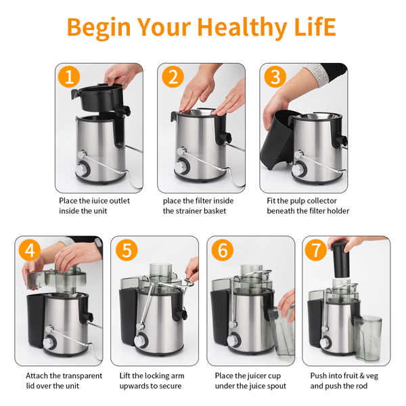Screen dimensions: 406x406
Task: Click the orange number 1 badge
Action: (x=69, y=76)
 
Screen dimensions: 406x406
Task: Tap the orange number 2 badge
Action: (x=173, y=76)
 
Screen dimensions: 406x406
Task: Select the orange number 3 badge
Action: (x=275, y=76)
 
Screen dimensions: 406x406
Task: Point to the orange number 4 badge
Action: (x=30, y=250)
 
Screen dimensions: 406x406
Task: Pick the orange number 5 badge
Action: (x=127, y=250)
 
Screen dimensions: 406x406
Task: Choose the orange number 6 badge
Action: (x=223, y=250)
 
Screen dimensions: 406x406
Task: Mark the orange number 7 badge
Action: (x=316, y=250)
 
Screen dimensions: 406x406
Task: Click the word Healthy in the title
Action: (x=242, y=28)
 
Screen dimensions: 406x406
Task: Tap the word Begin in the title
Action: (x=99, y=28)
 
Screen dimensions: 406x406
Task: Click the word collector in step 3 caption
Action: (x=322, y=201)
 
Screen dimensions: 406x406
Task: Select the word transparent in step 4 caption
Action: (x=82, y=376)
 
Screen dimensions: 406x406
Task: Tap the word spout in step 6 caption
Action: (x=277, y=386)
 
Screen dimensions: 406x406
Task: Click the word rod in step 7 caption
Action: (x=362, y=386)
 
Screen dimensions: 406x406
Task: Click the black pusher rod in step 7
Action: (x=340, y=259)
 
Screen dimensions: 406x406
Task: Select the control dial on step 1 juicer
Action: (x=83, y=168)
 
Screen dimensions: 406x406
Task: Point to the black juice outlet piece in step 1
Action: (x=101, y=99)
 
